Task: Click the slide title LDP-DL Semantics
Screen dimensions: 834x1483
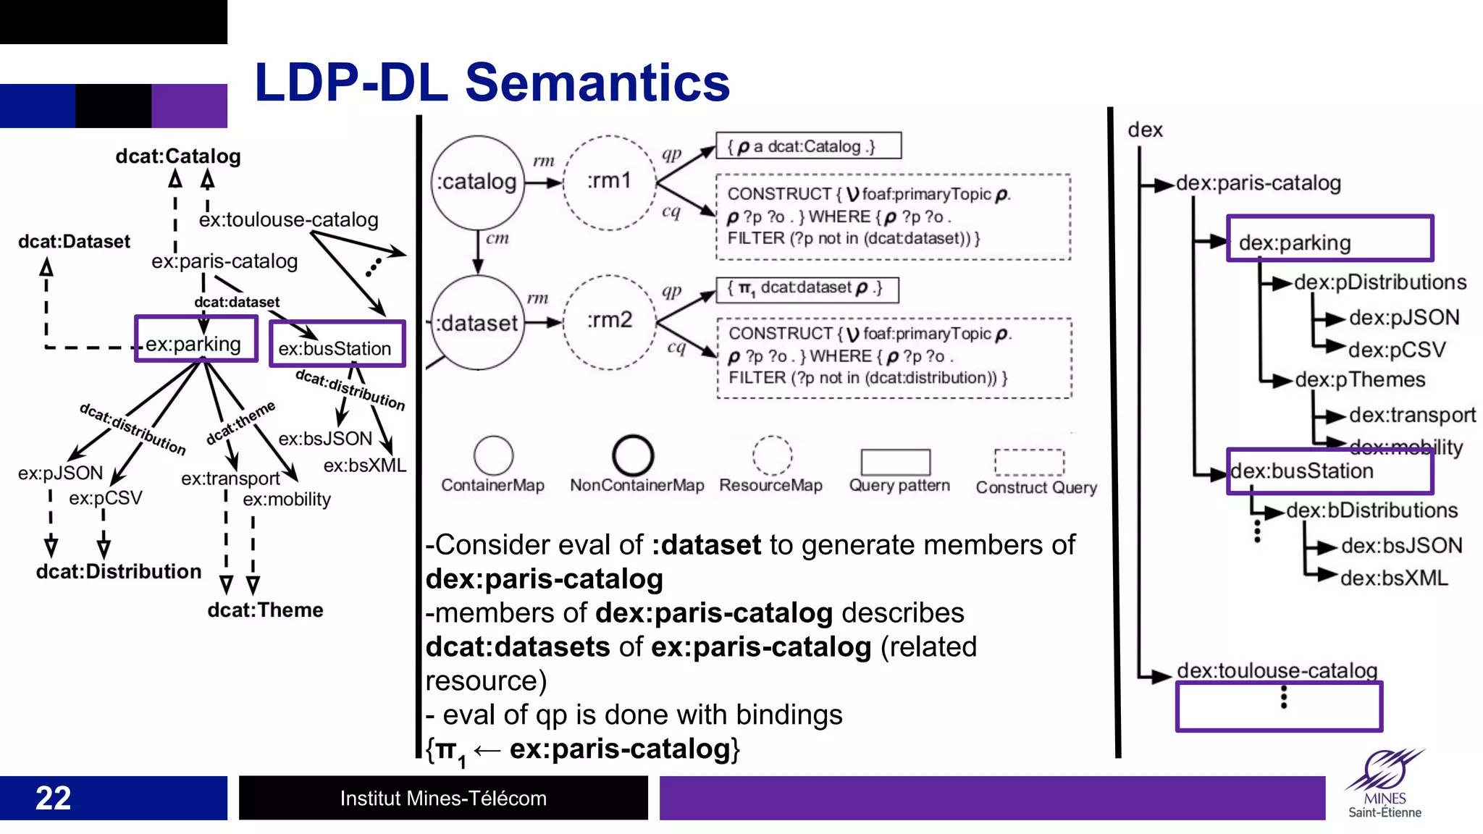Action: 492,83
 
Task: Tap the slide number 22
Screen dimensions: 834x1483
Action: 53,798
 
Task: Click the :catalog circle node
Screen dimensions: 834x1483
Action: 477,182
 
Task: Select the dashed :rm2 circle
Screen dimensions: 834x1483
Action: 610,321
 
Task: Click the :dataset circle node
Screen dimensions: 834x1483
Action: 477,323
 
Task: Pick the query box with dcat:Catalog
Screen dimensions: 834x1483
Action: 808,146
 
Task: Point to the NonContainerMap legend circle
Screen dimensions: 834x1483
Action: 633,455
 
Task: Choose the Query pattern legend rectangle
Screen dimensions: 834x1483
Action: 895,462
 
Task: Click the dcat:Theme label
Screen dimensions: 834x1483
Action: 265,610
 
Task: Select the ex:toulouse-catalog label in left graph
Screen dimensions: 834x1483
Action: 288,219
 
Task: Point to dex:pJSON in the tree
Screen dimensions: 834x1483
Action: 1403,317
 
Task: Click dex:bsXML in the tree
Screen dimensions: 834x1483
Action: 1393,578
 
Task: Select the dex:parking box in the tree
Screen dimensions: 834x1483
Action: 1329,239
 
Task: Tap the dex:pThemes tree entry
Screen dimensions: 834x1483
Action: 1359,379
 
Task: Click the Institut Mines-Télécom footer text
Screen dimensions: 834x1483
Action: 443,798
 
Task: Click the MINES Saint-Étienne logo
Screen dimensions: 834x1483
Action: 1385,785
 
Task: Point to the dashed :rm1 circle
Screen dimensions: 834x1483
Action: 610,182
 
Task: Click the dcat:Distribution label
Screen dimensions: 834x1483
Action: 119,572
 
